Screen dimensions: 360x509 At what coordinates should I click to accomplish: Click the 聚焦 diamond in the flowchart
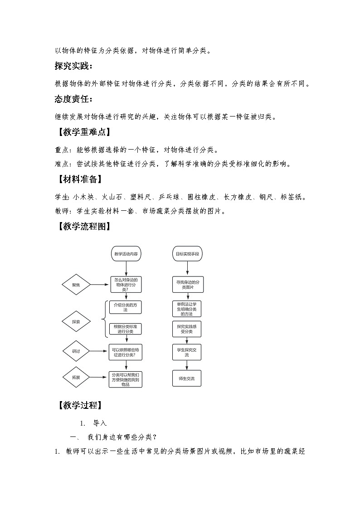(76, 285)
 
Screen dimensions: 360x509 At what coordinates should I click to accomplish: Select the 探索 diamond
(76, 322)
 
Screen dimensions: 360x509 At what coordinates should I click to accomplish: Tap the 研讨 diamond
(76, 351)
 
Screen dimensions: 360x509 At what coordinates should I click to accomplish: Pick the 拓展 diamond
(76, 377)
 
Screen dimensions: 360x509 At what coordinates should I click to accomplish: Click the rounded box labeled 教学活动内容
(126, 254)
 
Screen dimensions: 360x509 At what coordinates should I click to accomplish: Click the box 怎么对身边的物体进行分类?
(126, 285)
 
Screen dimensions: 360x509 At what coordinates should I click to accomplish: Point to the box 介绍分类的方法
(126, 307)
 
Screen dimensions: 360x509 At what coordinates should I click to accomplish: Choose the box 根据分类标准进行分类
(126, 329)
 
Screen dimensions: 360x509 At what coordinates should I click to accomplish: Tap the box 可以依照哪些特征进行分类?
(126, 352)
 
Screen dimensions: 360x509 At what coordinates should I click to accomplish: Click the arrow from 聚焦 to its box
(100, 285)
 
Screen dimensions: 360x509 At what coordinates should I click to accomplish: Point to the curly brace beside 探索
(106, 319)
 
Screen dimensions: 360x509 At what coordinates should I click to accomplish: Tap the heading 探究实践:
(73, 67)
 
